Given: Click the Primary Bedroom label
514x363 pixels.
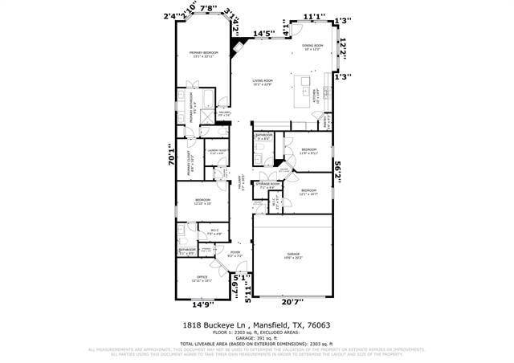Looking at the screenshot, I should click(x=204, y=54).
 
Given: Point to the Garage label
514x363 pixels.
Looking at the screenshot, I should click(x=292, y=256).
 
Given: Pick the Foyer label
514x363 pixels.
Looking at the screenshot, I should click(x=235, y=254).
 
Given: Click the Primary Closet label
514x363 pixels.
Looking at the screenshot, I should click(x=191, y=165).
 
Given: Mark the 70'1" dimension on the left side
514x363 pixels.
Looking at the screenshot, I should click(x=169, y=160).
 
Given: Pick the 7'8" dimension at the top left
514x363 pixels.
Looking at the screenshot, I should click(x=207, y=9).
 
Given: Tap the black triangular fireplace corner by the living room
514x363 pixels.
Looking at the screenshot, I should click(x=238, y=46).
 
